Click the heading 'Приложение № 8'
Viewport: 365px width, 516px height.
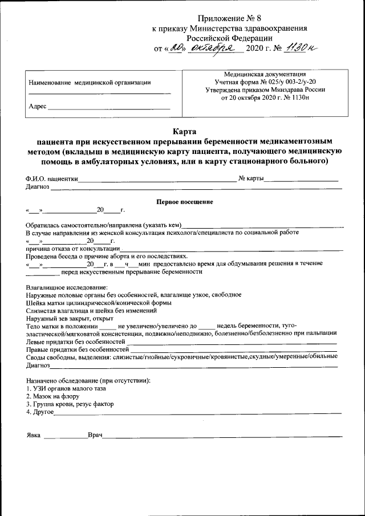click(x=229, y=19)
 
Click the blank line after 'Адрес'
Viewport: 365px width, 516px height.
click(x=108, y=107)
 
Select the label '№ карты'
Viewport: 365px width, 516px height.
click(x=251, y=178)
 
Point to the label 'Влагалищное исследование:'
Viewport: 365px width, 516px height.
click(x=66, y=287)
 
